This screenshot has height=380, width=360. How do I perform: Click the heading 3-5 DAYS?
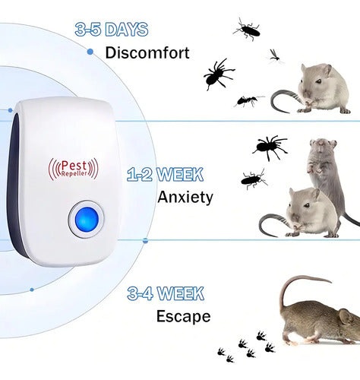pos(112,29)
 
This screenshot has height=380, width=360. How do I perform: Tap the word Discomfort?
pos(147,52)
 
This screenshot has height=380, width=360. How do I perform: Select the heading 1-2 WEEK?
pos(165,174)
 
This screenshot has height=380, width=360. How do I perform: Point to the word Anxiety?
pos(185,197)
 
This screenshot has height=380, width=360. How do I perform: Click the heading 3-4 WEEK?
pos(166,293)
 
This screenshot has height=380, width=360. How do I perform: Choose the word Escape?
pos(184,316)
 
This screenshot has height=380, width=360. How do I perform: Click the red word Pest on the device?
pos(74,166)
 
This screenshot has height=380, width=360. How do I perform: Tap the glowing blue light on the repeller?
pos(87,219)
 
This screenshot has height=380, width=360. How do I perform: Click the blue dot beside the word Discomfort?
pos(90,52)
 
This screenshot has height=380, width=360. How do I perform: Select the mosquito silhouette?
pos(275,56)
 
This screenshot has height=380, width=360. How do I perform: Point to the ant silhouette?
pos(248,101)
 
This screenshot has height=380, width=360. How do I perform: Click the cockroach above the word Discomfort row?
pos(248,29)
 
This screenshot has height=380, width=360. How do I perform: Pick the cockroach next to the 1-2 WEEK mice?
pos(254,179)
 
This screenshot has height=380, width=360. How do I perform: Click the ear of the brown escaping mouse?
pos(346,317)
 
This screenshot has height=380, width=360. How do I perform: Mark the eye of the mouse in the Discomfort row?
pos(318,81)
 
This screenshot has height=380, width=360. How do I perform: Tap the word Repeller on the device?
pos(74,173)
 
